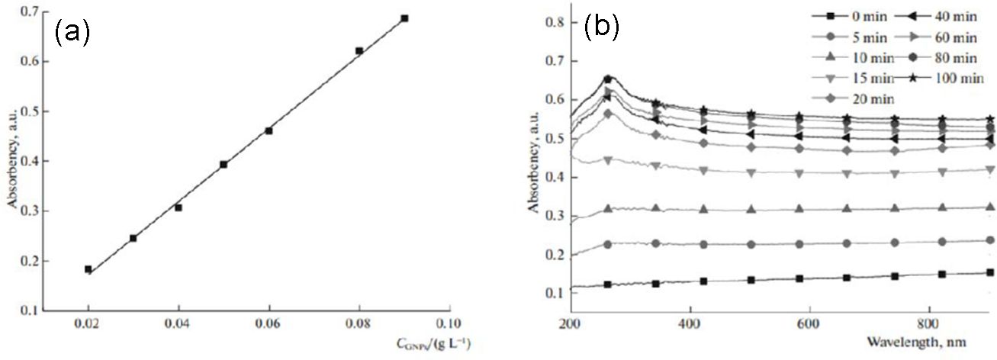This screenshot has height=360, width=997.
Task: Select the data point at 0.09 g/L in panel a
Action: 404,18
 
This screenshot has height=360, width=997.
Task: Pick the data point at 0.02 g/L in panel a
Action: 88,269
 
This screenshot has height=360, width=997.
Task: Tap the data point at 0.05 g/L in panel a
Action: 224,164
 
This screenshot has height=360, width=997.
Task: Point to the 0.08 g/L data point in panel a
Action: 359,51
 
